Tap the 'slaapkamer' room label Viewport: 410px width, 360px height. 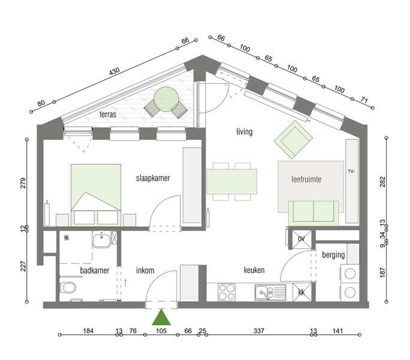153,178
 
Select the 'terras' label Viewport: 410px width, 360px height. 108,115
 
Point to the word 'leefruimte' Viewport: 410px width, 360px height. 306,179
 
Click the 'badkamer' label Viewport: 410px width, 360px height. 95,271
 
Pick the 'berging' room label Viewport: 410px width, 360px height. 333,255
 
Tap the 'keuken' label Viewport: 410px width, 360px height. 254,270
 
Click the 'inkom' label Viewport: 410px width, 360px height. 145,271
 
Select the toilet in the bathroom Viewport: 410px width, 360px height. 68,287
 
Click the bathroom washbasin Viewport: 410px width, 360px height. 101,239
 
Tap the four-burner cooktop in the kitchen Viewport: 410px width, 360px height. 227,292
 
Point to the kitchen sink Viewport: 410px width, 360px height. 270,292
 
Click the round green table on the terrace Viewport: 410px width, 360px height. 166,100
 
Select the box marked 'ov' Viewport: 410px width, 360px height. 302,239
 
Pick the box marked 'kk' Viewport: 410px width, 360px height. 302,292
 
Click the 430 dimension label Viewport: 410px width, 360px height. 114,71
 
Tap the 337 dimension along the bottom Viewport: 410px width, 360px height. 259,331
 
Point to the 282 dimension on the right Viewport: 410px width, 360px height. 382,182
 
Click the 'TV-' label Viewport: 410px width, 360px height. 351,172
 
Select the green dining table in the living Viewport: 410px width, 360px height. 231,182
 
